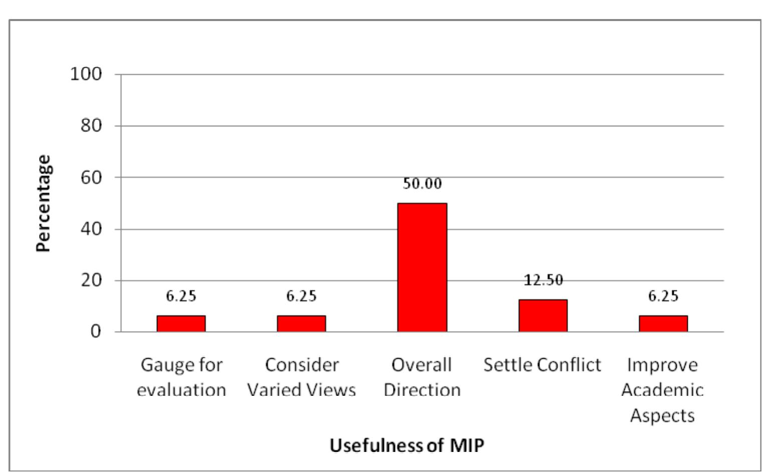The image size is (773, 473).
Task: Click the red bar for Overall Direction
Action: (x=422, y=267)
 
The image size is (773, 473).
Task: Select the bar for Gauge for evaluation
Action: (x=181, y=324)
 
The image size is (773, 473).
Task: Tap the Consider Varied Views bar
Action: (x=301, y=324)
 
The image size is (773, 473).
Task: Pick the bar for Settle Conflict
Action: (x=543, y=316)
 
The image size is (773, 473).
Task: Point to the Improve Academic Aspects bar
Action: (x=663, y=324)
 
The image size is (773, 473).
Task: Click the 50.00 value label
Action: (x=422, y=184)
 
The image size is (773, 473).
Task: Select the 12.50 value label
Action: (x=543, y=280)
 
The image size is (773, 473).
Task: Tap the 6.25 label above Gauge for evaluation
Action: (x=181, y=296)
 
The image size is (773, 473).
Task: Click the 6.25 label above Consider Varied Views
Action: (x=301, y=296)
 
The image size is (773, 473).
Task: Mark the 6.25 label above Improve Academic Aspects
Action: (x=663, y=296)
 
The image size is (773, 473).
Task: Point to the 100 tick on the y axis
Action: (x=86, y=75)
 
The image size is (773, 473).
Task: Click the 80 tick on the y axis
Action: (x=91, y=126)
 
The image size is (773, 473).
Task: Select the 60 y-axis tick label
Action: (x=91, y=177)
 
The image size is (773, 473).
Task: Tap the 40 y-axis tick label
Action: (x=91, y=229)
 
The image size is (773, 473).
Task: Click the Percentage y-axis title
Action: (x=44, y=203)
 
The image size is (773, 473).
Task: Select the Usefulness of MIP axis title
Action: (x=407, y=444)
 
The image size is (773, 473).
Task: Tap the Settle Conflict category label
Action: (x=542, y=365)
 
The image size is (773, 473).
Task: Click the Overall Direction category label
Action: (x=422, y=377)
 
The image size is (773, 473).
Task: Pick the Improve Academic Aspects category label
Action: (x=662, y=390)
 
